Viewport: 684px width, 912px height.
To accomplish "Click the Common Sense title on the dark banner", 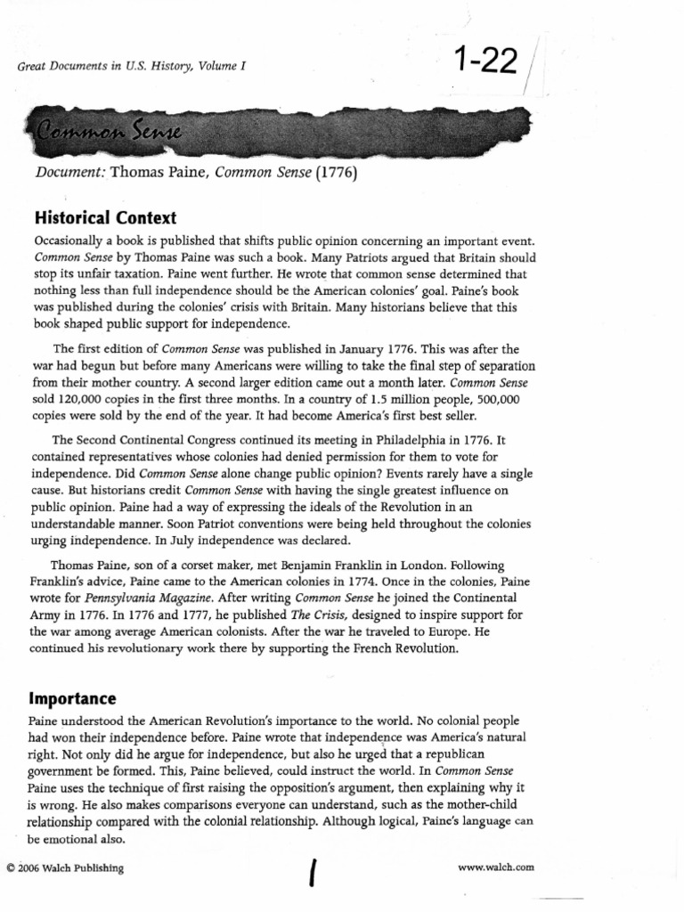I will click(108, 134).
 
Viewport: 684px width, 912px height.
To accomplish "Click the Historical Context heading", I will click(105, 218).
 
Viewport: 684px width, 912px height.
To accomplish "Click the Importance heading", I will click(75, 696).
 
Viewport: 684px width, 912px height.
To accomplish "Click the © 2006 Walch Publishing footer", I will click(65, 867).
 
